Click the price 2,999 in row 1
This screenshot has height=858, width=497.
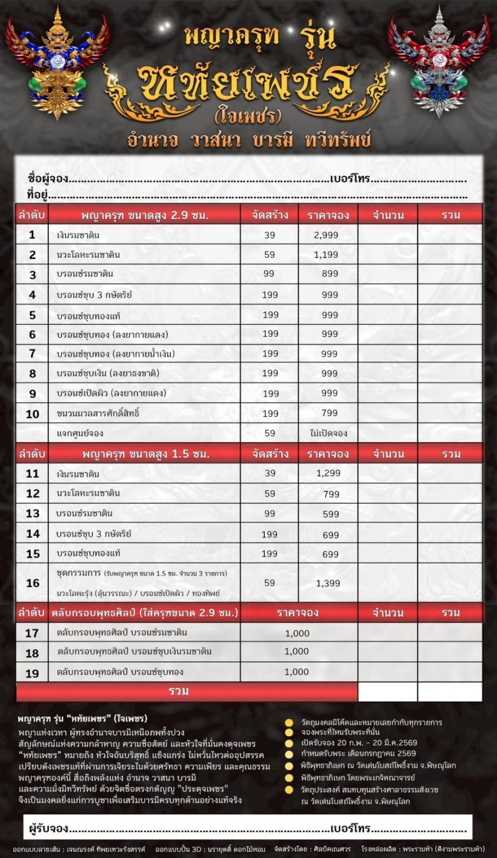(x=326, y=235)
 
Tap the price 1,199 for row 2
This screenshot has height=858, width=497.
(x=326, y=254)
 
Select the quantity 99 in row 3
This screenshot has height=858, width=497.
(x=269, y=273)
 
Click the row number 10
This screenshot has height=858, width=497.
(x=32, y=414)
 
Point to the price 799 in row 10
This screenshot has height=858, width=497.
(x=329, y=413)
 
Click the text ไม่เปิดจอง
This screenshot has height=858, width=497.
(x=328, y=433)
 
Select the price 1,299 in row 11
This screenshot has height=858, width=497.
(x=328, y=473)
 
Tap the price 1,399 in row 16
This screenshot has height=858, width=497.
(x=328, y=583)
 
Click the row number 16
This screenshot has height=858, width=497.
(x=32, y=583)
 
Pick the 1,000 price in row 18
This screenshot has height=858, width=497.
(x=297, y=651)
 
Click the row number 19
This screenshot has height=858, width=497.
(x=32, y=673)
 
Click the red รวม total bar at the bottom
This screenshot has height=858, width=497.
(x=179, y=691)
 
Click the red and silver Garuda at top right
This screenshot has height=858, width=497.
(x=441, y=64)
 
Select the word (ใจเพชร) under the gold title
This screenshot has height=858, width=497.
(x=247, y=116)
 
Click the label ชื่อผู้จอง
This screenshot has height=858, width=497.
(x=48, y=179)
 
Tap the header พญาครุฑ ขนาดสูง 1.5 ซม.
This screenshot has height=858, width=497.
(x=144, y=454)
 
